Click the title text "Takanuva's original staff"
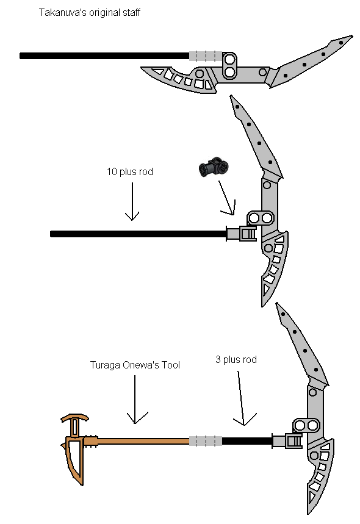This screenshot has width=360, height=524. click(89, 13)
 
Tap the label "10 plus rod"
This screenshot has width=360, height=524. click(130, 172)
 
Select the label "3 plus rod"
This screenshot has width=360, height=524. click(236, 359)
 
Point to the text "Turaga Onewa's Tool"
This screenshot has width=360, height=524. click(135, 365)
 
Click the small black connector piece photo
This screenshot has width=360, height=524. click(214, 167)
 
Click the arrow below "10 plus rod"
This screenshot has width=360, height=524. click(132, 201)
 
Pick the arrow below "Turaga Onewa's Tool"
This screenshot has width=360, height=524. click(135, 400)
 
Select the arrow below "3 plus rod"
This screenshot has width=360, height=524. click(242, 398)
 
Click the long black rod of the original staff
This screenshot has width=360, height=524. click(104, 56)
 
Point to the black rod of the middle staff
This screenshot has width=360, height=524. click(139, 234)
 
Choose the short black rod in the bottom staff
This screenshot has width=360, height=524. click(247, 441)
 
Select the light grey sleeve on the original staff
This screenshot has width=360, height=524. click(206, 56)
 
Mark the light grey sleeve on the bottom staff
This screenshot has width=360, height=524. click(206, 441)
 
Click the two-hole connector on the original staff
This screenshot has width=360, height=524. click(229, 65)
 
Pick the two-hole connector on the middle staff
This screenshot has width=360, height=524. click(261, 218)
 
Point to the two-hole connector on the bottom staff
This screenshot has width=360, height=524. click(306, 425)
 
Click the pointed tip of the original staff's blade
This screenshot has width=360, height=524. click(352, 36)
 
